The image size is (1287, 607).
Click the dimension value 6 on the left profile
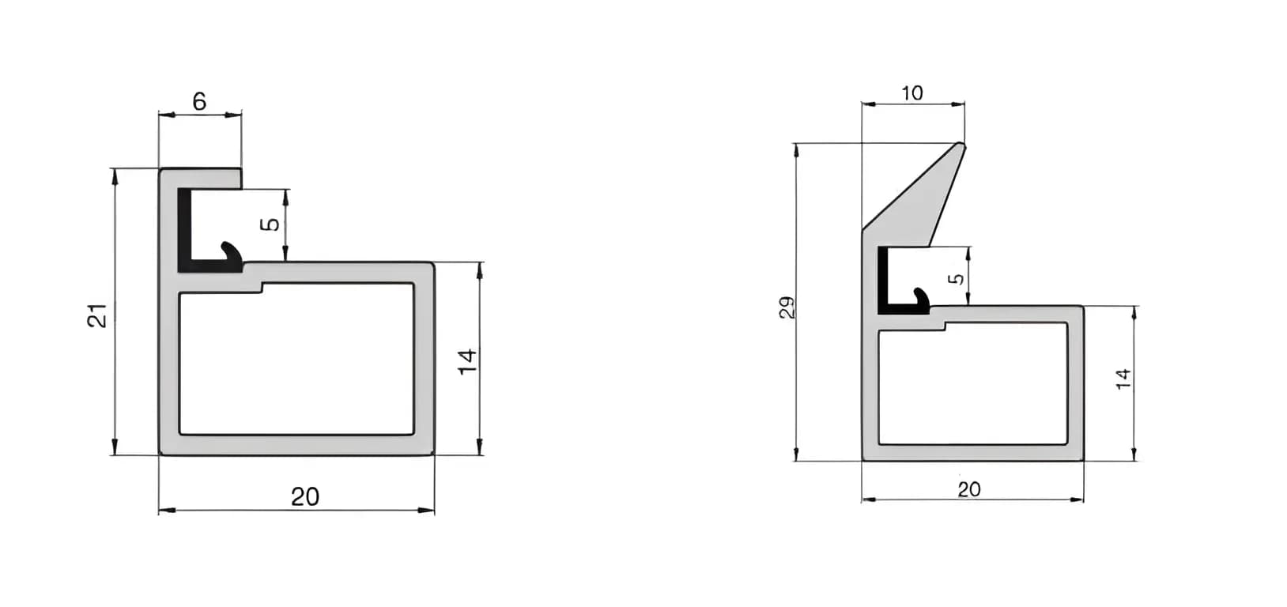(199, 102)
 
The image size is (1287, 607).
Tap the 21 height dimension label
(98, 316)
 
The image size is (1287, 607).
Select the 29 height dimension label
(787, 307)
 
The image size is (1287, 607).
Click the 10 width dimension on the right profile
(911, 93)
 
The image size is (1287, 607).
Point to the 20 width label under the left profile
(305, 496)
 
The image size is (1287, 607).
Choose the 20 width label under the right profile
(968, 490)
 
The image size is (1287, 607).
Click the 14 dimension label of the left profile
(468, 361)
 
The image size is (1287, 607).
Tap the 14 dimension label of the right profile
(1123, 379)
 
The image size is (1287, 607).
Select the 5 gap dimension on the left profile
(270, 224)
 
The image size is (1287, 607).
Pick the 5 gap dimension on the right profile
(956, 279)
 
